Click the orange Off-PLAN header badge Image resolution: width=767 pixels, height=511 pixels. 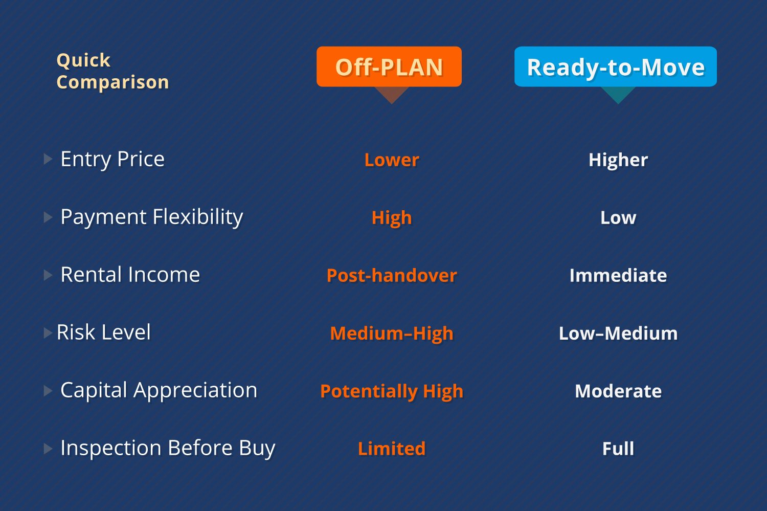point(389,67)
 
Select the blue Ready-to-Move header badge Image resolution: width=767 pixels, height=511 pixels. point(616,67)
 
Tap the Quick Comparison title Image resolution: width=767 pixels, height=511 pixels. point(112,71)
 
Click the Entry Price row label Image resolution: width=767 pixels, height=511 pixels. point(112,159)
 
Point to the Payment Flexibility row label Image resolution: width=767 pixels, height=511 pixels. point(152,217)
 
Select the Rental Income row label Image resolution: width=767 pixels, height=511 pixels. point(130,275)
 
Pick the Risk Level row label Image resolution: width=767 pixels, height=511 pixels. point(104,332)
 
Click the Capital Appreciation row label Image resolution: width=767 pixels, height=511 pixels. point(159,390)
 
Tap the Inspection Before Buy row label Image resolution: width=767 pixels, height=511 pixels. point(168,448)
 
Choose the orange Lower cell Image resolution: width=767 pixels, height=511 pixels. point(392,160)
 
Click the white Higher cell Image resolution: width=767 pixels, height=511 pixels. point(618,160)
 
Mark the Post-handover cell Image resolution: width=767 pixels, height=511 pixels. point(392,276)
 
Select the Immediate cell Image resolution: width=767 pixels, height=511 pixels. point(618,276)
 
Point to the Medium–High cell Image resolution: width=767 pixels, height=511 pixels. point(392,334)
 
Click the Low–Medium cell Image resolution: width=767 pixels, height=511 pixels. point(618,334)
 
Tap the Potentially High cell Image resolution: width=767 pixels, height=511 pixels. point(392,391)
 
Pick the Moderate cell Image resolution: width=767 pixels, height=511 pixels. point(618,391)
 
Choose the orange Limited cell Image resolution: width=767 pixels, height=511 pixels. point(392,449)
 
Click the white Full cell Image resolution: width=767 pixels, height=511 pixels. point(618,449)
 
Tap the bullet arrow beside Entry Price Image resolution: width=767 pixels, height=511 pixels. point(48,159)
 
